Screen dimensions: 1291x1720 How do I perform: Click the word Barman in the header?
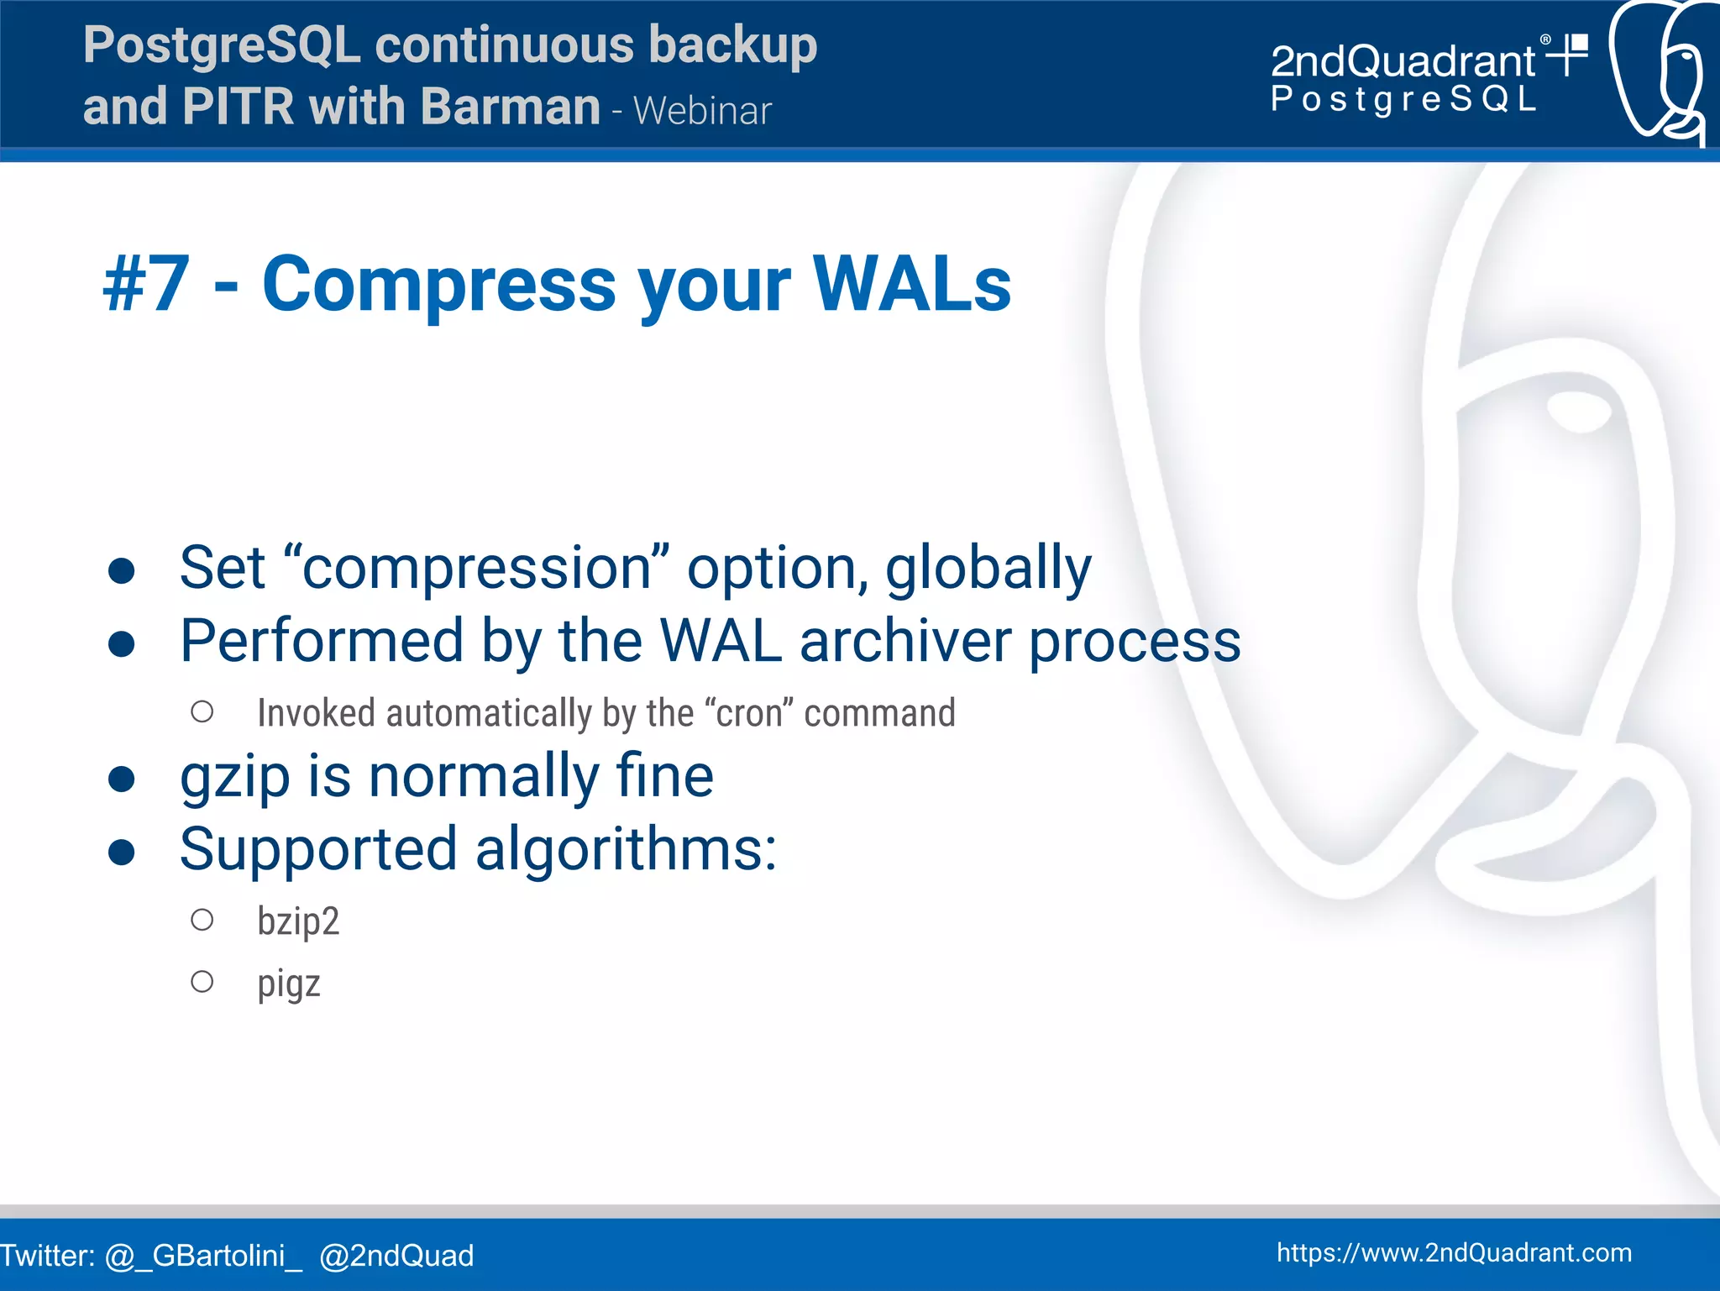point(510,107)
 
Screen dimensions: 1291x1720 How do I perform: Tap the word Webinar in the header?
point(702,111)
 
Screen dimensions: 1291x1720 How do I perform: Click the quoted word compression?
point(476,567)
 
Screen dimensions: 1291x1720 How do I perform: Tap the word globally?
point(988,567)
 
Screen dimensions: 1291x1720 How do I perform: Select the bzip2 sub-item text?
point(298,921)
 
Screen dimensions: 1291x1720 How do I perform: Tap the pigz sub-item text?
point(289,983)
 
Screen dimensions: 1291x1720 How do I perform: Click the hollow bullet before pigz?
point(202,981)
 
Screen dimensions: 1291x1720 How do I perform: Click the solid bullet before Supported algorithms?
point(122,852)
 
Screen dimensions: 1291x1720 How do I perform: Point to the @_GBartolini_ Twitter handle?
point(203,1255)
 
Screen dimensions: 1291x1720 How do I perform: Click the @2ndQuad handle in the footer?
point(396,1255)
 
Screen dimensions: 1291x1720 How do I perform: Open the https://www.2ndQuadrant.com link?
point(1454,1252)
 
